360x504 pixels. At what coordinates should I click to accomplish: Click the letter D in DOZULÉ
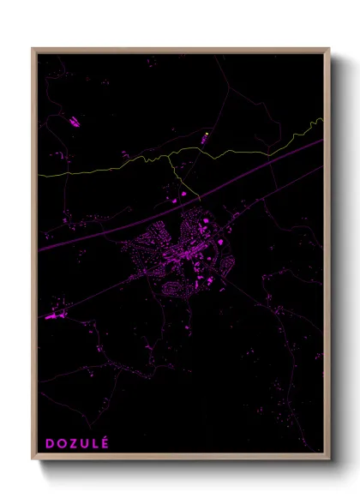pyautogui.click(x=50, y=443)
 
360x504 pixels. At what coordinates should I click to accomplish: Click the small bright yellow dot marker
pyautogui.click(x=207, y=135)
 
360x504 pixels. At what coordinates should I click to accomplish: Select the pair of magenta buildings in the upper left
pyautogui.click(x=73, y=123)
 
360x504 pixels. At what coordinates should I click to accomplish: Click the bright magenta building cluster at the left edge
pyautogui.click(x=57, y=316)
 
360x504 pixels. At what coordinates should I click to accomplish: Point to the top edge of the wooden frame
pyautogui.click(x=180, y=50)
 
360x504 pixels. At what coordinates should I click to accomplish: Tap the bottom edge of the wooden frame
pyautogui.click(x=180, y=456)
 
